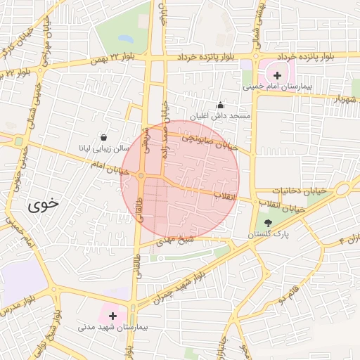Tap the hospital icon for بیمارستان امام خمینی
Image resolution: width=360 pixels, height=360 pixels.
277,75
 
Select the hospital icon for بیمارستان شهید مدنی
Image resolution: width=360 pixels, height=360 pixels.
112,316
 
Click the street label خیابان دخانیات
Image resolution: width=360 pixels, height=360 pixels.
281,191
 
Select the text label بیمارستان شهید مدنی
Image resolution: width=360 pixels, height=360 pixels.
112,328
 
